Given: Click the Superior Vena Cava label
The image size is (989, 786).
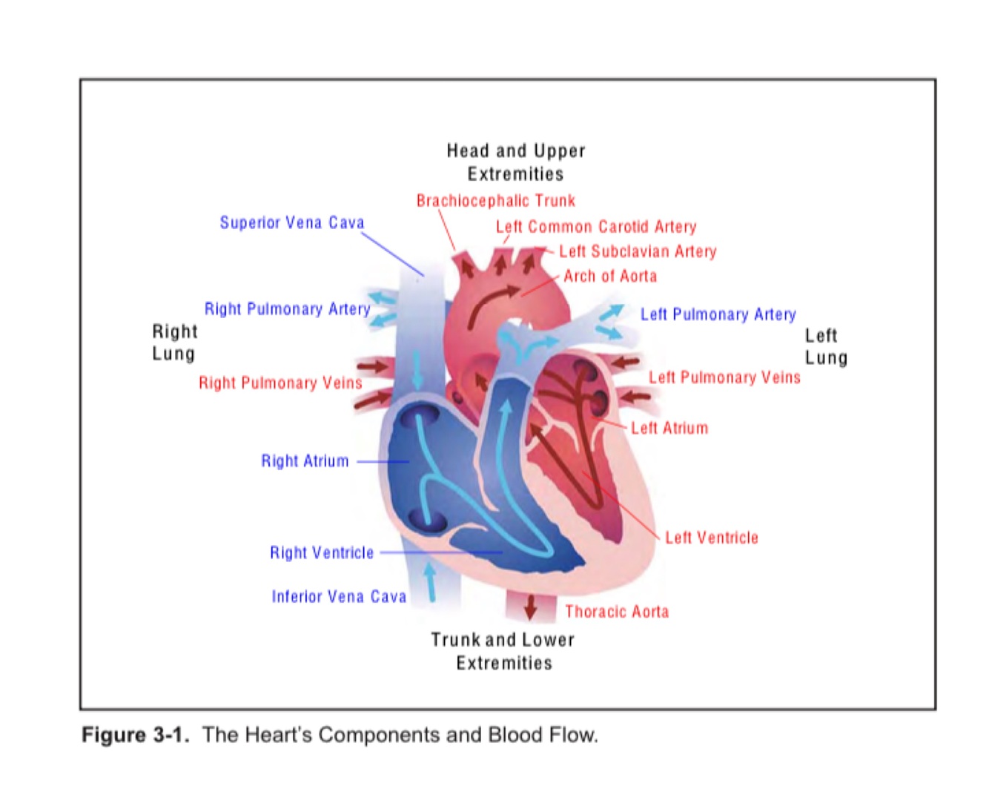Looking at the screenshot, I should point(291,222).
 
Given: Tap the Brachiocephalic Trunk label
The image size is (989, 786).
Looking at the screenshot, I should point(495,201).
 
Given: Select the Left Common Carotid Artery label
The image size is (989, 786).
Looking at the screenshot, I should point(596,227).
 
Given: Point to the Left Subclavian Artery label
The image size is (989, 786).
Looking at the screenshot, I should point(638,252).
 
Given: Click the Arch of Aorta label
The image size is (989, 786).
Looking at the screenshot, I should point(609,277).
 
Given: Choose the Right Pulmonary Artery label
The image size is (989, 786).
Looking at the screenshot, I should point(287,309).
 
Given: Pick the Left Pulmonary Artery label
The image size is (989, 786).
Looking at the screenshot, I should point(718,314).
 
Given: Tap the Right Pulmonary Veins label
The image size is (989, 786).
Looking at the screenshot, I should point(280,383).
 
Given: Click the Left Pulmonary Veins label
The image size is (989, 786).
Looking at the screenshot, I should point(724,377).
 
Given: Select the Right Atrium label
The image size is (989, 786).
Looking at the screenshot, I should point(305,461).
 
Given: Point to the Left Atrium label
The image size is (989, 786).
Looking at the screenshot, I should point(669,428).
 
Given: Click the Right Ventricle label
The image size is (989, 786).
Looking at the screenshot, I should point(322,553).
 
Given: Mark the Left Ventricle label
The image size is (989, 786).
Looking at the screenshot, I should point(712,538).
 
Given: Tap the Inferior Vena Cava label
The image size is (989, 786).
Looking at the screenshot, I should point(339,597).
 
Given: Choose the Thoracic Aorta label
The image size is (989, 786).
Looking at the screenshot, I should point(617,612).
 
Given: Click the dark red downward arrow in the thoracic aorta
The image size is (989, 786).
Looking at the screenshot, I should point(530,606).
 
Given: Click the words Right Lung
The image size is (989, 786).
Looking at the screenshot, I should point(174,343).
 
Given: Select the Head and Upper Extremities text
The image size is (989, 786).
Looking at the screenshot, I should point(516,162).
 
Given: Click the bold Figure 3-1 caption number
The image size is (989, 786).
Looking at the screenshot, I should point(135,735).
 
